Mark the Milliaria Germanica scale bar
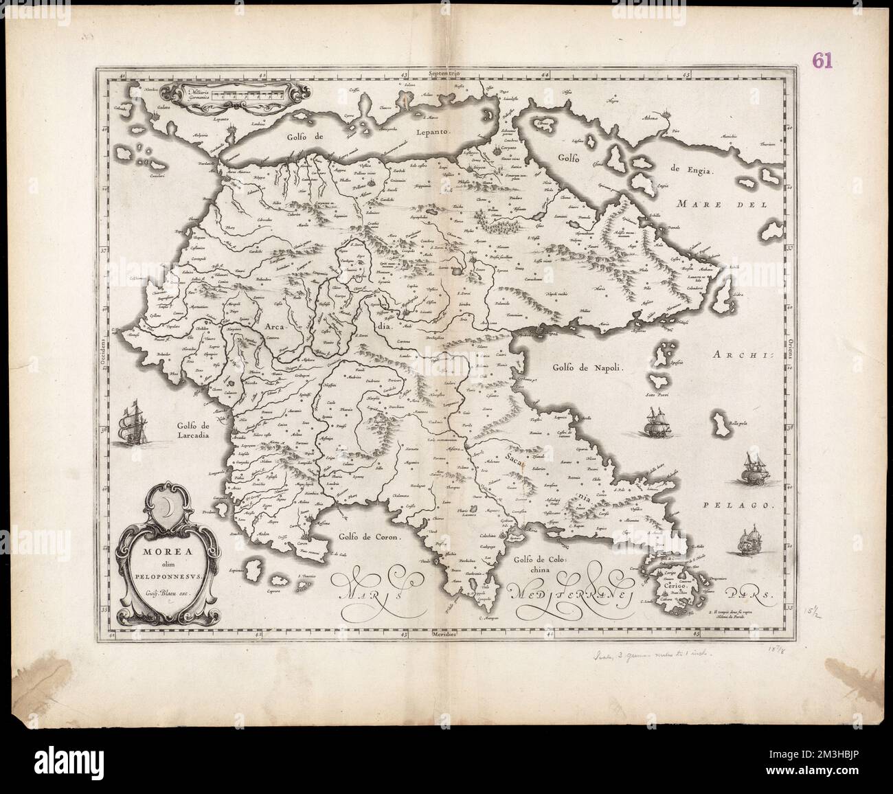coord(244,93)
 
